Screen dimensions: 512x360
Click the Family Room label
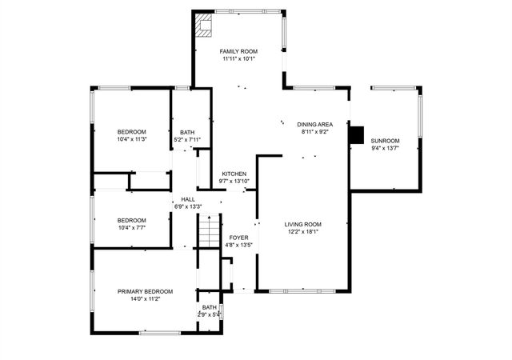pyautogui.click(x=238, y=51)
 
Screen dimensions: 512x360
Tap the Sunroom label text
pyautogui.click(x=385, y=141)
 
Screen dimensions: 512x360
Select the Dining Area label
pyautogui.click(x=314, y=125)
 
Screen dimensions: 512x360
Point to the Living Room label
pyautogui.click(x=302, y=225)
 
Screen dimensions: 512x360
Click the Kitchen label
pyautogui.click(x=234, y=174)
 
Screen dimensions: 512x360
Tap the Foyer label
pyautogui.click(x=238, y=238)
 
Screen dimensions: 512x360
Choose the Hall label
pyautogui.click(x=188, y=199)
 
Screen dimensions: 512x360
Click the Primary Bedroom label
pyautogui.click(x=145, y=291)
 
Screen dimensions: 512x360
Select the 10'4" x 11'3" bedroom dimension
pyautogui.click(x=132, y=139)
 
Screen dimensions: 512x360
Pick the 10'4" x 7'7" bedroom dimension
pyautogui.click(x=131, y=227)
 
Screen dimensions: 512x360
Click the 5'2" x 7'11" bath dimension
pyautogui.click(x=187, y=140)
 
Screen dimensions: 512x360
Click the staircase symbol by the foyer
pyautogui.click(x=209, y=231)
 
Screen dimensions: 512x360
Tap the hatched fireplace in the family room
pyautogui.click(x=203, y=25)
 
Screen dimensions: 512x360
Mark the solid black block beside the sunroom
pyautogui.click(x=357, y=135)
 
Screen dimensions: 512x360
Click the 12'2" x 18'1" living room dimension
pyautogui.click(x=303, y=232)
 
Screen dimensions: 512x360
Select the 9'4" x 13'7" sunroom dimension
pyautogui.click(x=385, y=148)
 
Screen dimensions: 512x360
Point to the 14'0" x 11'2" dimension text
pyautogui.click(x=145, y=299)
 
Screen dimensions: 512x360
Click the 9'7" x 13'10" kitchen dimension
pyautogui.click(x=234, y=182)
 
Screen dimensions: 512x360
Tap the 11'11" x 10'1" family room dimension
pyautogui.click(x=238, y=59)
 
